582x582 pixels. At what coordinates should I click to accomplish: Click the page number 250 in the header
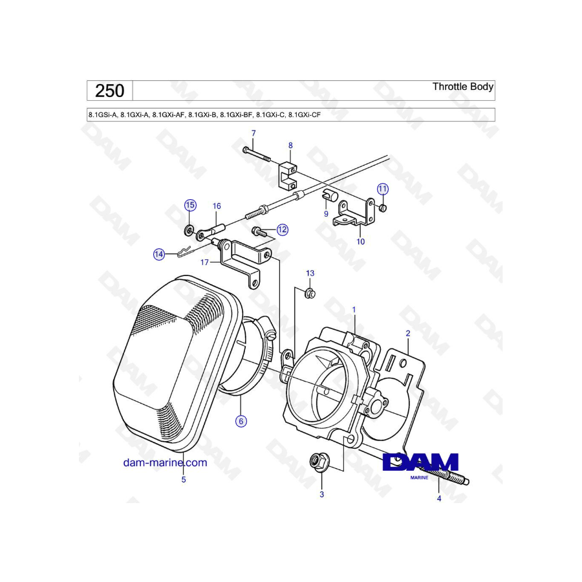(x=109, y=91)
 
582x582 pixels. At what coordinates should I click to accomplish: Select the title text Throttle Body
(x=463, y=87)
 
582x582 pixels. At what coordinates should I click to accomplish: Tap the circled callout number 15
(x=190, y=205)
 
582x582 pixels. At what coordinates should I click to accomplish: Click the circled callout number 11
(x=383, y=189)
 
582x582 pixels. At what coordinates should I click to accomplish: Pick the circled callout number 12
(x=283, y=230)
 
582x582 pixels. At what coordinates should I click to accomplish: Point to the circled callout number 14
(x=159, y=254)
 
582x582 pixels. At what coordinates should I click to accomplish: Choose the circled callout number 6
(x=241, y=421)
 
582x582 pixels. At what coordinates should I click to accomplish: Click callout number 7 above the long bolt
(x=253, y=133)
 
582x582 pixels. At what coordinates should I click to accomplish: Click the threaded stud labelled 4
(x=451, y=475)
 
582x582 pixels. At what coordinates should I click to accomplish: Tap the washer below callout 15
(x=189, y=230)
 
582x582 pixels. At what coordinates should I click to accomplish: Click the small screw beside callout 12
(x=259, y=232)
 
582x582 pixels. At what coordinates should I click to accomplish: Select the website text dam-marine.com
(x=165, y=462)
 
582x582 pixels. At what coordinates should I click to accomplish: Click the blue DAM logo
(x=420, y=462)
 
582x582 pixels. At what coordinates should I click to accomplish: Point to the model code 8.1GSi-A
(x=102, y=115)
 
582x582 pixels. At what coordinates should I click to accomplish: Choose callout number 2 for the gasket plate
(x=408, y=333)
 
